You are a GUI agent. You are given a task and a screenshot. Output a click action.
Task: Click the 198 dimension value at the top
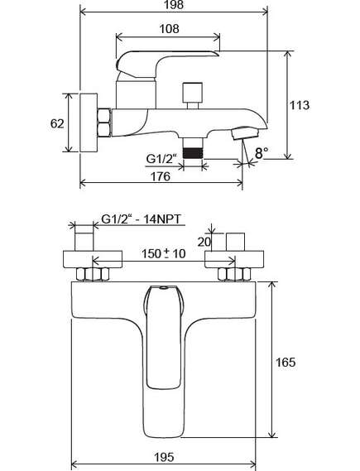click(174, 5)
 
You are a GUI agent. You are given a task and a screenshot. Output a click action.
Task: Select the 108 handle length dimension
click(169, 29)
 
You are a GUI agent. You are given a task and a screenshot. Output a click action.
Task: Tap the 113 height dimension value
click(300, 105)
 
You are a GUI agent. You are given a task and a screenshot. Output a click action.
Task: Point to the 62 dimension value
click(57, 123)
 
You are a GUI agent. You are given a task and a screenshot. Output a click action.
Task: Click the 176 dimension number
click(161, 176)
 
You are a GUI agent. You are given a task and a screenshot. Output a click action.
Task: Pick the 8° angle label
click(262, 153)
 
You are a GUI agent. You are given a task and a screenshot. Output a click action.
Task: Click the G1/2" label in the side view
click(161, 159)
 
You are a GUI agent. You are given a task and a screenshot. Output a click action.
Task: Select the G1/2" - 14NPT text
click(142, 219)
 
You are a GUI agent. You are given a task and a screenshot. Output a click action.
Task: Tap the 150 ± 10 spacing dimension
click(164, 254)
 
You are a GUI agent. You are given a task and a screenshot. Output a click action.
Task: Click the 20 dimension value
click(204, 242)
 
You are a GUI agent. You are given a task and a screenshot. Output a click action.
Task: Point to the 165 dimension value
click(286, 363)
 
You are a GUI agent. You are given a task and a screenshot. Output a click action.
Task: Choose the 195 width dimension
click(164, 457)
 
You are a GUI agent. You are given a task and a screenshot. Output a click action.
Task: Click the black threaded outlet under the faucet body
click(193, 153)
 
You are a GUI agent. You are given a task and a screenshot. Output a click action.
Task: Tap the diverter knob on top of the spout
click(193, 95)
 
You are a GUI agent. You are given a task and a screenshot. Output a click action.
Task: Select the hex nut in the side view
click(104, 123)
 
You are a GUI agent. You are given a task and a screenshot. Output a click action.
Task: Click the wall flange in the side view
click(89, 123)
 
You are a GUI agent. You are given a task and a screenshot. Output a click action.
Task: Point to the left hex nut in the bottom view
click(93, 274)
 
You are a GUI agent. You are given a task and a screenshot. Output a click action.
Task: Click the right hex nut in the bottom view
click(234, 274)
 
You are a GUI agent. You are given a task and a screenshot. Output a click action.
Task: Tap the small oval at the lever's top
click(164, 288)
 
